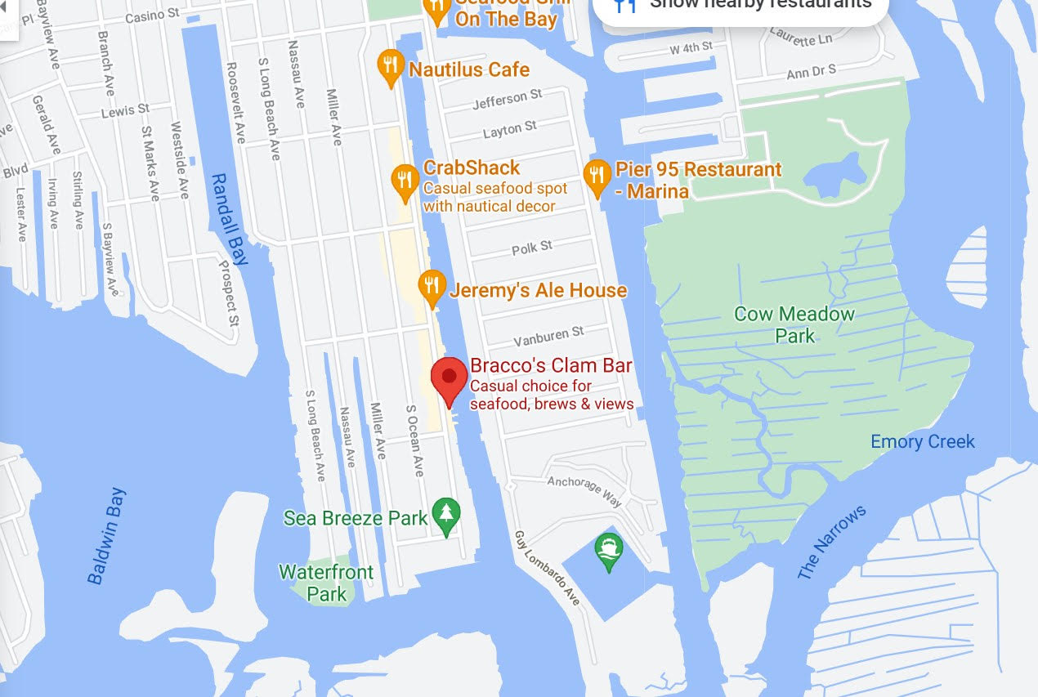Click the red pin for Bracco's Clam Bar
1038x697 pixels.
[x=449, y=378]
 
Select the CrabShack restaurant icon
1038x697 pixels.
[x=405, y=181]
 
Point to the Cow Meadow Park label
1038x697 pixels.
[x=783, y=324]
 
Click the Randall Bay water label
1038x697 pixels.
[x=228, y=219]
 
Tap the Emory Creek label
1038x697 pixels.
[x=923, y=442]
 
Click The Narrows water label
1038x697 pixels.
[x=831, y=543]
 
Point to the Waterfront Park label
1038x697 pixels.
[x=326, y=583]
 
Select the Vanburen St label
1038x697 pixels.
[x=548, y=336]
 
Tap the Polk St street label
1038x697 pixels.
[x=532, y=248]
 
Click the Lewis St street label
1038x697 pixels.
[x=125, y=110]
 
